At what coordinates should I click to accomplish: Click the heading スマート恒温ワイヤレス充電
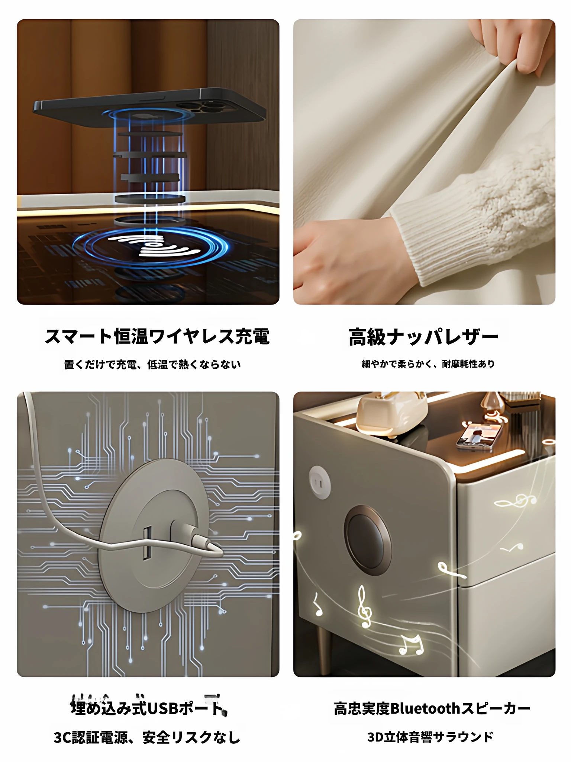point(157,336)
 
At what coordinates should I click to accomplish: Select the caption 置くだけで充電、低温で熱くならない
point(152,364)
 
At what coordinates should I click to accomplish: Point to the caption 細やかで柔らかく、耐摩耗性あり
point(428,364)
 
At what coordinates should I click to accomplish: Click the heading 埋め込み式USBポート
point(148,708)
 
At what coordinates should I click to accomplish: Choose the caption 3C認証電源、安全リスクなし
point(147,737)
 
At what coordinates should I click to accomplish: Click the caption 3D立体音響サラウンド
point(430,737)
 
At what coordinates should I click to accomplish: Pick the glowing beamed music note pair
point(412,644)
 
